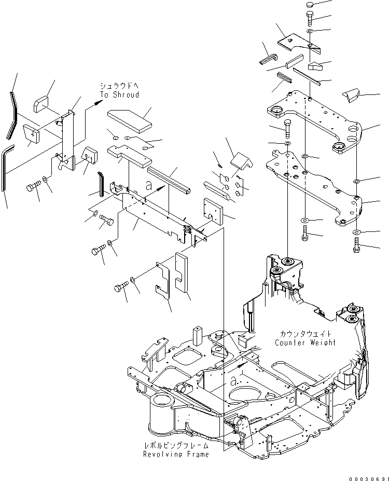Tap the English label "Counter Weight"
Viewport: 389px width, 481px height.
pyautogui.click(x=305, y=342)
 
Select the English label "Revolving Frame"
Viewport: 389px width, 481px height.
pyautogui.click(x=176, y=455)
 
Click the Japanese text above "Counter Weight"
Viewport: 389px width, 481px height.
pyautogui.click(x=305, y=334)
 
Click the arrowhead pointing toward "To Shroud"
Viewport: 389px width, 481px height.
pyautogui.click(x=96, y=104)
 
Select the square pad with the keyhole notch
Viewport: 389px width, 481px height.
pyautogui.click(x=213, y=210)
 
